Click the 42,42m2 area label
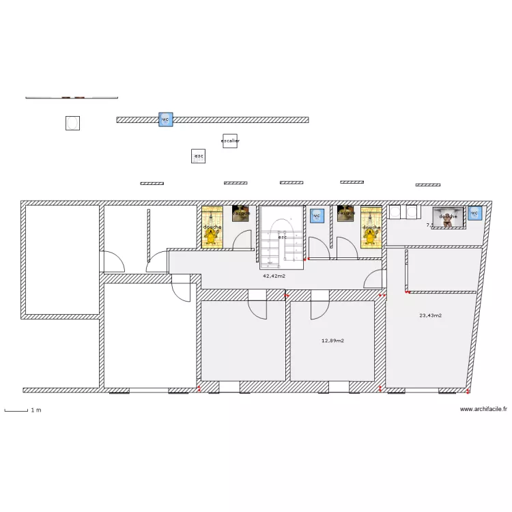click(274, 276)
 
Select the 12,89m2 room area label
click(332, 340)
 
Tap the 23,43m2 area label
click(430, 315)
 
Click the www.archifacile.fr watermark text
click(483, 410)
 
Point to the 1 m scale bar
click(23, 410)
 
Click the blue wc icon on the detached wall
click(165, 119)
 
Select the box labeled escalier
click(230, 141)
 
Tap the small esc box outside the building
click(199, 156)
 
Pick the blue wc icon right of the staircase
click(316, 215)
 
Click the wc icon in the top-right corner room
click(474, 214)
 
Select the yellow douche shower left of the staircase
click(212, 227)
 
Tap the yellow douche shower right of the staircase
click(371, 227)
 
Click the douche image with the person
click(448, 217)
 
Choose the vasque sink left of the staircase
click(240, 214)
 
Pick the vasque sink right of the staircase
click(345, 214)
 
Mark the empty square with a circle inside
click(73, 123)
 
